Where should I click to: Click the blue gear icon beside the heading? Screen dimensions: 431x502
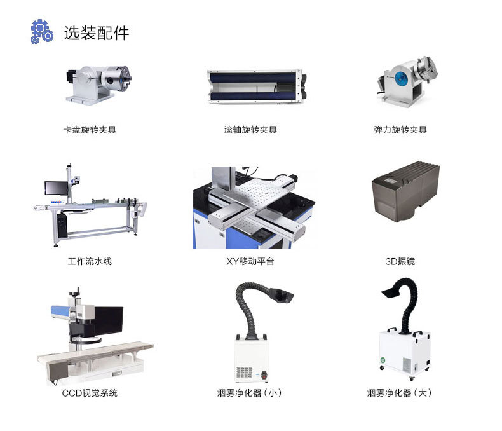tap(41, 32)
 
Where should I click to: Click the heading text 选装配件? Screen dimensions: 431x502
tap(96, 33)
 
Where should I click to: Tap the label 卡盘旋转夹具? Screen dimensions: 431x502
tap(90, 130)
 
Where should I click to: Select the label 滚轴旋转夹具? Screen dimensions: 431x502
tap(250, 130)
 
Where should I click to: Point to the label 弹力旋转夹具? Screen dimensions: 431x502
tap(400, 130)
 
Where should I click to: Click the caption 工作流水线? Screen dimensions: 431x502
tap(90, 261)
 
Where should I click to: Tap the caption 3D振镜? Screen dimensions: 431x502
tap(400, 261)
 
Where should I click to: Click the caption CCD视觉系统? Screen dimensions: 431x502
tap(90, 393)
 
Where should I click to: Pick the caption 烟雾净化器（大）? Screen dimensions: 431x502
tap(400, 393)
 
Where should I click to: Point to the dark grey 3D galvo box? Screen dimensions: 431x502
tap(405, 191)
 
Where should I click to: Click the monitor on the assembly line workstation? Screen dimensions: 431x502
tap(55, 188)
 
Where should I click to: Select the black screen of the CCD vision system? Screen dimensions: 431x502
tap(107, 321)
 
